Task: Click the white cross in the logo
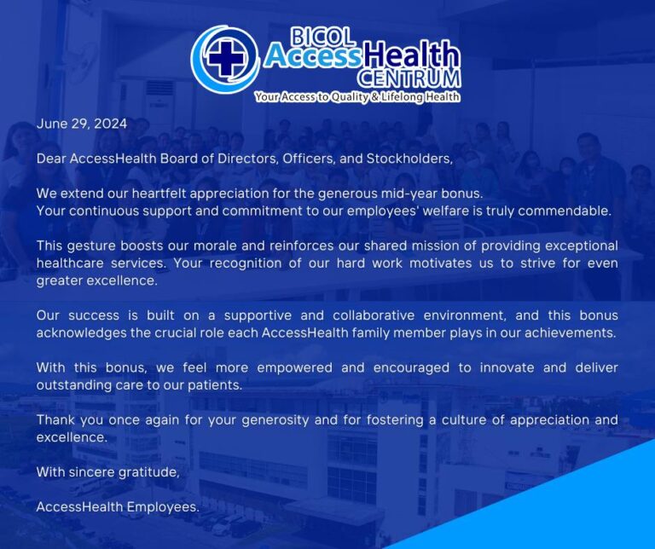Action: pyautogui.click(x=225, y=58)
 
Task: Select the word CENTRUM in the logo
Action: pyautogui.click(x=409, y=78)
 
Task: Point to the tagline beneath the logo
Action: pyautogui.click(x=357, y=97)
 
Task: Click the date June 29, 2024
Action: pyautogui.click(x=82, y=124)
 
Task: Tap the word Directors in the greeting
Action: pyautogui.click(x=248, y=159)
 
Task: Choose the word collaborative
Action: pyautogui.click(x=374, y=315)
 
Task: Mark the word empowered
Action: pyautogui.click(x=294, y=367)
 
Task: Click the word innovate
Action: pyautogui.click(x=507, y=367)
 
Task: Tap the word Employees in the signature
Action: pyautogui.click(x=163, y=507)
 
